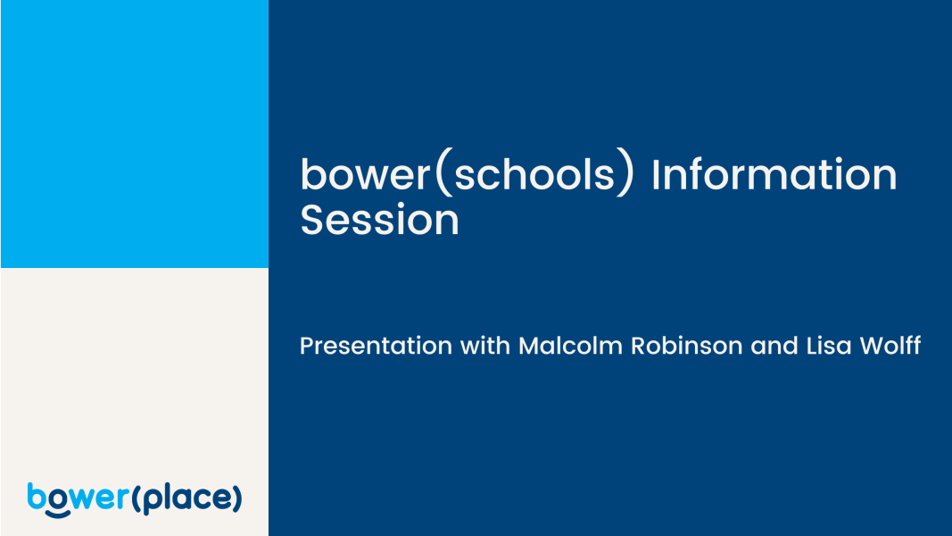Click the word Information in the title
click(x=774, y=174)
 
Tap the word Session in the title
click(x=379, y=219)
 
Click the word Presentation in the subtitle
click(x=376, y=346)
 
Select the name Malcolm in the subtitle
click(x=570, y=346)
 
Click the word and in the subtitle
click(x=774, y=346)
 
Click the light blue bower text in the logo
click(x=79, y=498)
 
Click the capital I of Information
click(x=656, y=174)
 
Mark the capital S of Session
click(x=312, y=219)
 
